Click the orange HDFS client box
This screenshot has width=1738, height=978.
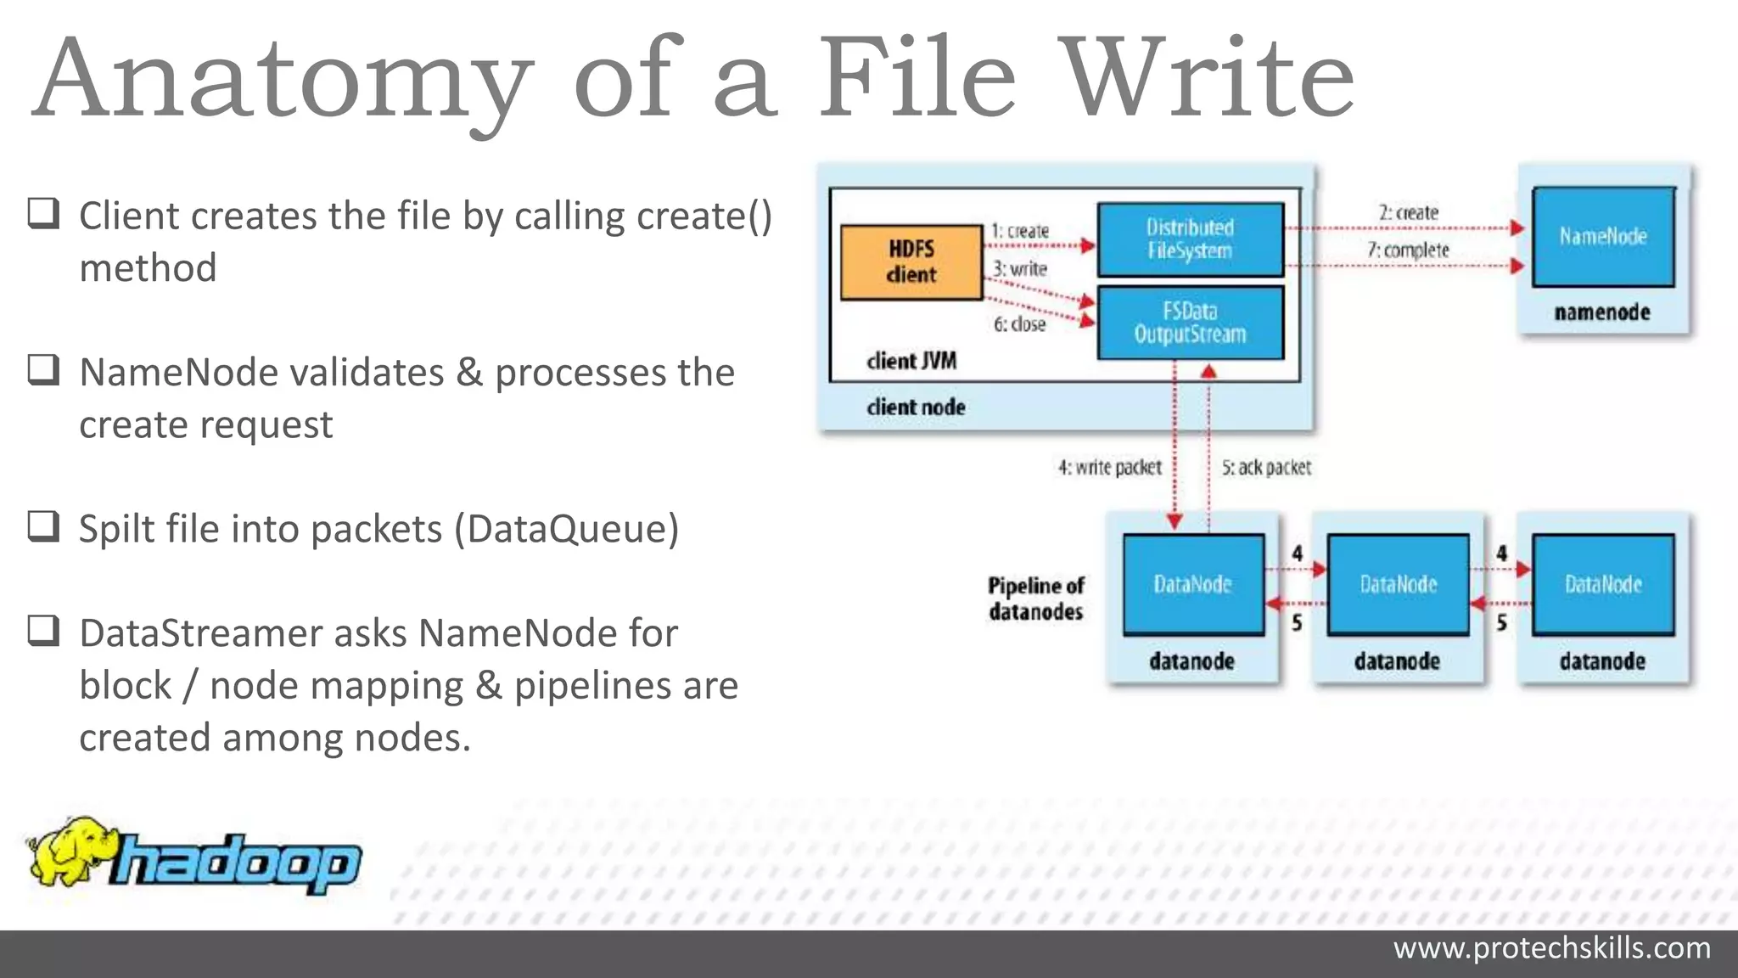point(911,261)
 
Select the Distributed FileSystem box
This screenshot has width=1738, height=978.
point(1190,239)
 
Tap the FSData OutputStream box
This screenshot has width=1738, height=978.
point(1190,323)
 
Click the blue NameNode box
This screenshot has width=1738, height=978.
point(1603,236)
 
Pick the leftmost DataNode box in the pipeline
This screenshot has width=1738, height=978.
point(1193,584)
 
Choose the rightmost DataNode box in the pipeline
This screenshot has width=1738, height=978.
point(1603,584)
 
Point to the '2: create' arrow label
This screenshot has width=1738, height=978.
point(1408,212)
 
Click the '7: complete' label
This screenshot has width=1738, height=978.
point(1408,250)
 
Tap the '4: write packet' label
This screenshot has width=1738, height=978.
point(1109,468)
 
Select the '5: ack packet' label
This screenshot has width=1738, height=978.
point(1266,468)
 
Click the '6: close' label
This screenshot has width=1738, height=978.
point(1019,324)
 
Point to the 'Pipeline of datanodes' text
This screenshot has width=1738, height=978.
point(1035,599)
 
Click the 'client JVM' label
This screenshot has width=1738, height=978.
point(911,361)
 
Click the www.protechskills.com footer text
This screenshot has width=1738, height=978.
point(1551,947)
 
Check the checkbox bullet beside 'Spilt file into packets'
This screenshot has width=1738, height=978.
point(43,526)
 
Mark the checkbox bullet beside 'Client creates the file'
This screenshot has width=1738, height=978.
point(43,213)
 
